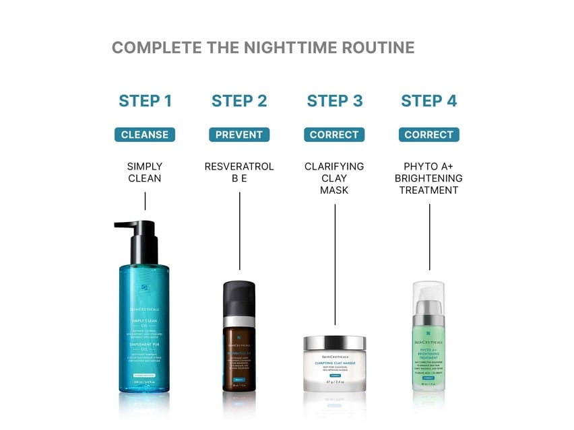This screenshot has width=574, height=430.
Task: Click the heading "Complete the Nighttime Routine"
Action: click(263, 48)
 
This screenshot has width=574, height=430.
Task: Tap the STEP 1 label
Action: click(145, 101)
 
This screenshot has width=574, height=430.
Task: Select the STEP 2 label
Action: click(239, 101)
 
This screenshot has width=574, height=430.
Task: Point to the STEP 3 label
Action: click(335, 101)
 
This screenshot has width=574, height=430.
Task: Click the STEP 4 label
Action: click(429, 101)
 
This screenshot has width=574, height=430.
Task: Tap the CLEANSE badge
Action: click(145, 135)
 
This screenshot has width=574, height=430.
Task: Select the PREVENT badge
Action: click(239, 135)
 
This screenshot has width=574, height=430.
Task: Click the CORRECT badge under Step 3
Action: click(335, 135)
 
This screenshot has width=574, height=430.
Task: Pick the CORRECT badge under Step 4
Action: click(429, 135)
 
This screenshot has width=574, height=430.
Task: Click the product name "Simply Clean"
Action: click(145, 172)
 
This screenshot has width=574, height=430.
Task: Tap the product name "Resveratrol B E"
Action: click(239, 172)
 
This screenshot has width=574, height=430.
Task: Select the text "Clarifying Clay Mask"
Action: click(335, 178)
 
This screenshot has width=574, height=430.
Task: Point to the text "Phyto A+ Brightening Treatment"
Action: click(429, 178)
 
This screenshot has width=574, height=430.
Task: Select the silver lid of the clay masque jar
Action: click(335, 343)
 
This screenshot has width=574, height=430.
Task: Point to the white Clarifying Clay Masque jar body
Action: click(335, 373)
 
